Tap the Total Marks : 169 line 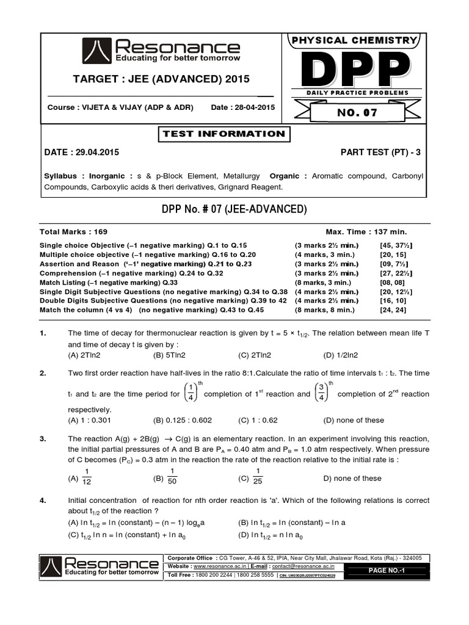tap(73, 232)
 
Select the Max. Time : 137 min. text tap(366, 232)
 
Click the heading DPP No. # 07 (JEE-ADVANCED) tap(234, 209)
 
